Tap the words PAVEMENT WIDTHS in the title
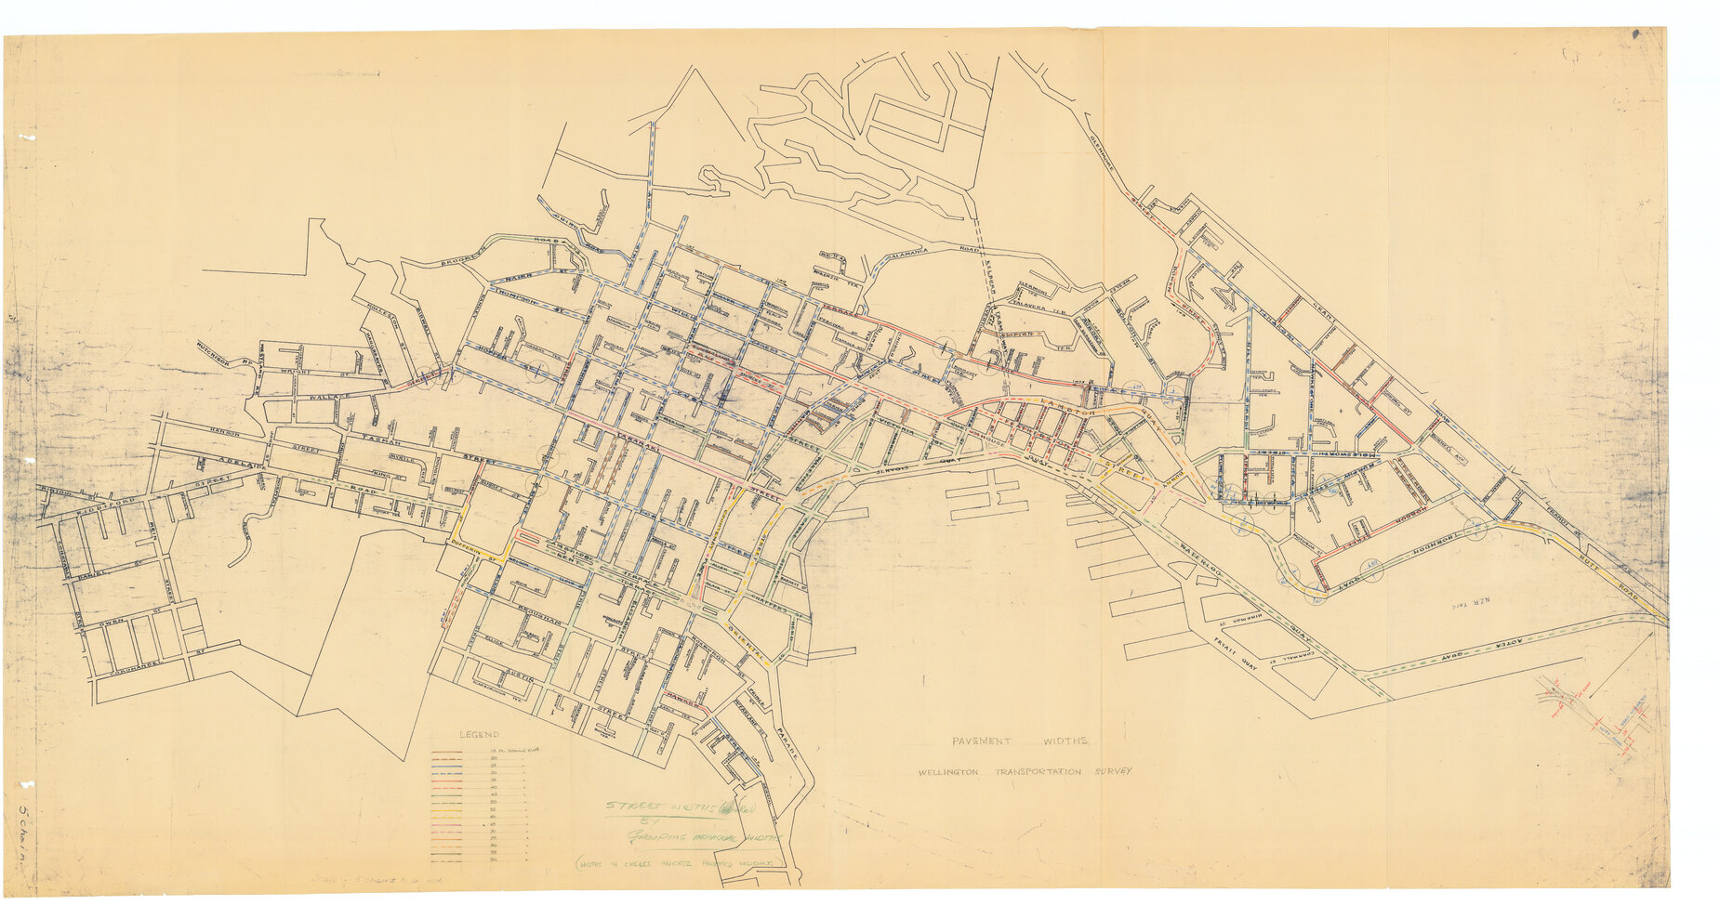[x=1020, y=741]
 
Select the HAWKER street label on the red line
[x=685, y=701]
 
